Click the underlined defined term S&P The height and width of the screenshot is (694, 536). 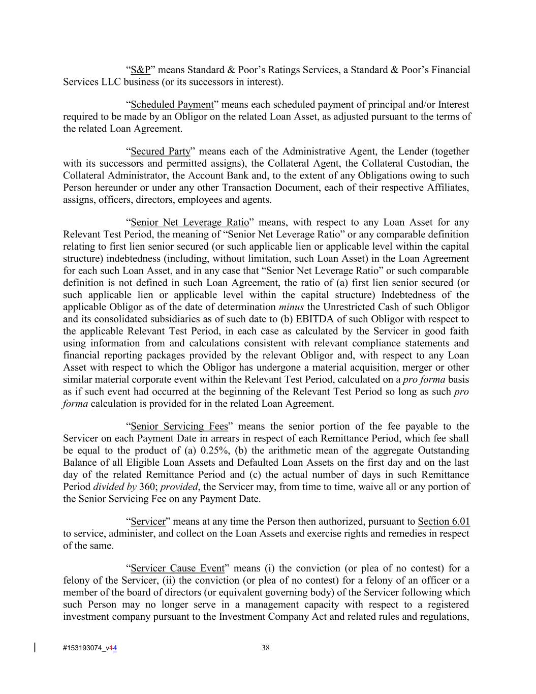[x=141, y=70]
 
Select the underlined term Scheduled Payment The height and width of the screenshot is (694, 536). [x=172, y=105]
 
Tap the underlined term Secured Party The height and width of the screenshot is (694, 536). [x=161, y=152]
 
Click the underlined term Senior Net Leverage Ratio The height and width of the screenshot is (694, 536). [x=190, y=223]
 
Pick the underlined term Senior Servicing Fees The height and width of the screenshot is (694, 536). [x=179, y=427]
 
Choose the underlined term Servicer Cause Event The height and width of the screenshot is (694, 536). [x=177, y=568]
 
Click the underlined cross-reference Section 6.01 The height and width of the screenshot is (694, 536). [x=444, y=522]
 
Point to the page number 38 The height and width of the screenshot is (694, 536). [x=265, y=648]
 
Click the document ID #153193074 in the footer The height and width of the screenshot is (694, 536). [x=83, y=648]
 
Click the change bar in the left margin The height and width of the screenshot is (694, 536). [x=35, y=647]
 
